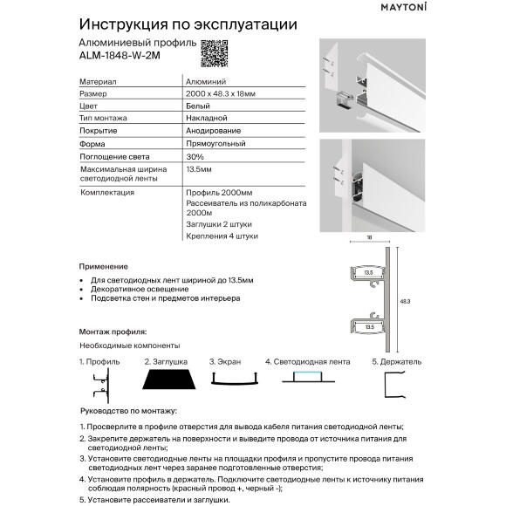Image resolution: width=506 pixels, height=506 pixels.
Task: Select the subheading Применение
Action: click(103, 265)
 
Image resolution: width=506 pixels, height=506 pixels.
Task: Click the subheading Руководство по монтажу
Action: click(127, 410)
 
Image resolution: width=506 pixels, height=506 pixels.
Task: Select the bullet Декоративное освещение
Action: click(139, 288)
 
